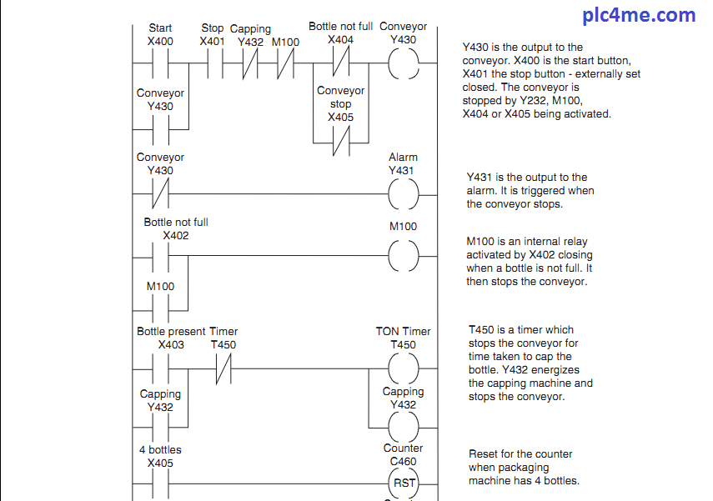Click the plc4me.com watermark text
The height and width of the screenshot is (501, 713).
[x=640, y=15]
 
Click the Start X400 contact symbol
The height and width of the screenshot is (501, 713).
[x=160, y=63]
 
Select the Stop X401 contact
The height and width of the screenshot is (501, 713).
[x=213, y=63]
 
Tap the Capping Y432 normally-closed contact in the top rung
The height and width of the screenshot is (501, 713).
[x=249, y=63]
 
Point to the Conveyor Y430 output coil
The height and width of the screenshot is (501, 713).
[x=404, y=63]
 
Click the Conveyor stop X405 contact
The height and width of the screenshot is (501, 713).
[x=340, y=143]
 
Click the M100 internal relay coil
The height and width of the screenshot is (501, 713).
[x=404, y=255]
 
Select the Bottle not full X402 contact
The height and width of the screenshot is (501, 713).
[x=160, y=255]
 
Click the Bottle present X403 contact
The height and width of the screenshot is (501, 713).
[x=160, y=368]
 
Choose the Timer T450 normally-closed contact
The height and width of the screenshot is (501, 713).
[x=223, y=368]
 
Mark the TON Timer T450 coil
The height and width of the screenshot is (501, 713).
[x=404, y=368]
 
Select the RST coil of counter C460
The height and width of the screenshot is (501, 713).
[x=404, y=483]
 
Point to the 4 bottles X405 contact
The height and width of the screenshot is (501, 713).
[x=160, y=483]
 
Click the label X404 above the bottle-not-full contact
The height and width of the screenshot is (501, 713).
[x=340, y=40]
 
